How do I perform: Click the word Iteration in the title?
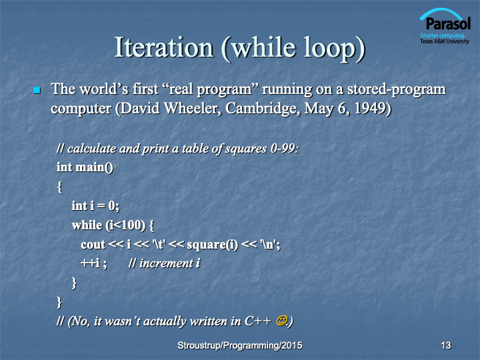pos(164,47)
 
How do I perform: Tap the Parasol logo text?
pos(448,23)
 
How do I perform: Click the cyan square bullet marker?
pos(37,90)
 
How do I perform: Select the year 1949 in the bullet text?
pos(370,108)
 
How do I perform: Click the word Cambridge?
pos(263,109)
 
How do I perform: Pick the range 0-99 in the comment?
pos(283,149)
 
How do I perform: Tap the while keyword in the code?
pos(87,225)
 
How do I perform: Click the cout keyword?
pos(93,245)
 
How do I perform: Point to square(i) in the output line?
pos(212,245)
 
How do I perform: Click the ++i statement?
pos(90,263)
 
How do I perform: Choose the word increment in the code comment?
pos(166,263)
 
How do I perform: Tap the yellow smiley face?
pos(281,321)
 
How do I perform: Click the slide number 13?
pos(446,345)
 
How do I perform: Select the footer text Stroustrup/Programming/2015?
pos(240,345)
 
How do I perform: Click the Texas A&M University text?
pos(445,41)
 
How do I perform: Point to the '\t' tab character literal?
pos(159,245)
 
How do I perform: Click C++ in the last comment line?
pos(258,321)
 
